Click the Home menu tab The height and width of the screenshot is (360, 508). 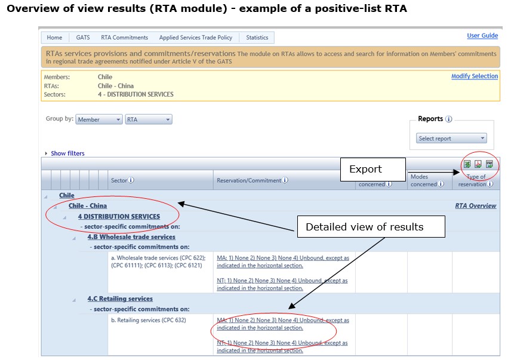[54, 38]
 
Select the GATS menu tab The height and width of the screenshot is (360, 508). [83, 38]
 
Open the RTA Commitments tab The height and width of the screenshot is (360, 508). [124, 38]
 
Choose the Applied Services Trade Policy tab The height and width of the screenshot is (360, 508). [196, 38]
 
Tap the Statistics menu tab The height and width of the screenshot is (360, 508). [257, 38]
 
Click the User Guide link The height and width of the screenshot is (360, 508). [482, 36]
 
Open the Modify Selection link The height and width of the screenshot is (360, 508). [475, 76]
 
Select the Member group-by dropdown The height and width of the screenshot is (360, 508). [99, 119]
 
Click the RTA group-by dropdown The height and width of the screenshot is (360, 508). [149, 119]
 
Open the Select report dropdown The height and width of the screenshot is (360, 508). [451, 139]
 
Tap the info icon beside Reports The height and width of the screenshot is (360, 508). [449, 119]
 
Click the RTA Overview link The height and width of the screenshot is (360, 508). [476, 206]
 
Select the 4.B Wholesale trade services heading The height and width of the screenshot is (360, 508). [131, 237]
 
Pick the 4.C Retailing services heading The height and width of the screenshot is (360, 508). [120, 299]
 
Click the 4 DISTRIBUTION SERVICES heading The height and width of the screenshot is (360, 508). [119, 217]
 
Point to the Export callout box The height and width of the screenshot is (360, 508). [373, 170]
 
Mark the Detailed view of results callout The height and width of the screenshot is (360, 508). [371, 227]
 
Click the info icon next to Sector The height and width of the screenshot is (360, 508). [131, 180]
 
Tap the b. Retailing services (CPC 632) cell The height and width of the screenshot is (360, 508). [149, 320]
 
